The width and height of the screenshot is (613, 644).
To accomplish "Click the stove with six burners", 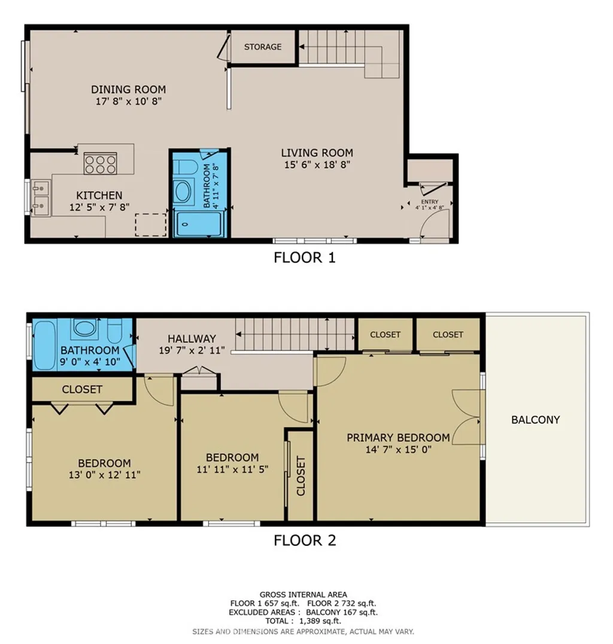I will click(100, 164).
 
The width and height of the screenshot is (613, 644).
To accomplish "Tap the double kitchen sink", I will click(41, 198).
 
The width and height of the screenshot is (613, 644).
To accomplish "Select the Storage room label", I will click(263, 47).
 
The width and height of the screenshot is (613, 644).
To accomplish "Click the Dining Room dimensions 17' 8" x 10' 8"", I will click(128, 102).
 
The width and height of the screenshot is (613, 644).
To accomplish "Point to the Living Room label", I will click(317, 153).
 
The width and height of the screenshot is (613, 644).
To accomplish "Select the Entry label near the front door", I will click(430, 202).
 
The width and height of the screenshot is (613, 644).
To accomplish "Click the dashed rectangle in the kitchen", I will click(150, 224).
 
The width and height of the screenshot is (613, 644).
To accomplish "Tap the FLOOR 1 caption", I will click(304, 258).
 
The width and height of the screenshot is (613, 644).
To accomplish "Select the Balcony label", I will click(535, 420).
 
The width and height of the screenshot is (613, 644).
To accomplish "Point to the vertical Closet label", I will click(301, 476).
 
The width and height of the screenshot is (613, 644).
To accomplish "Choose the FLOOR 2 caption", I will click(304, 540).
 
